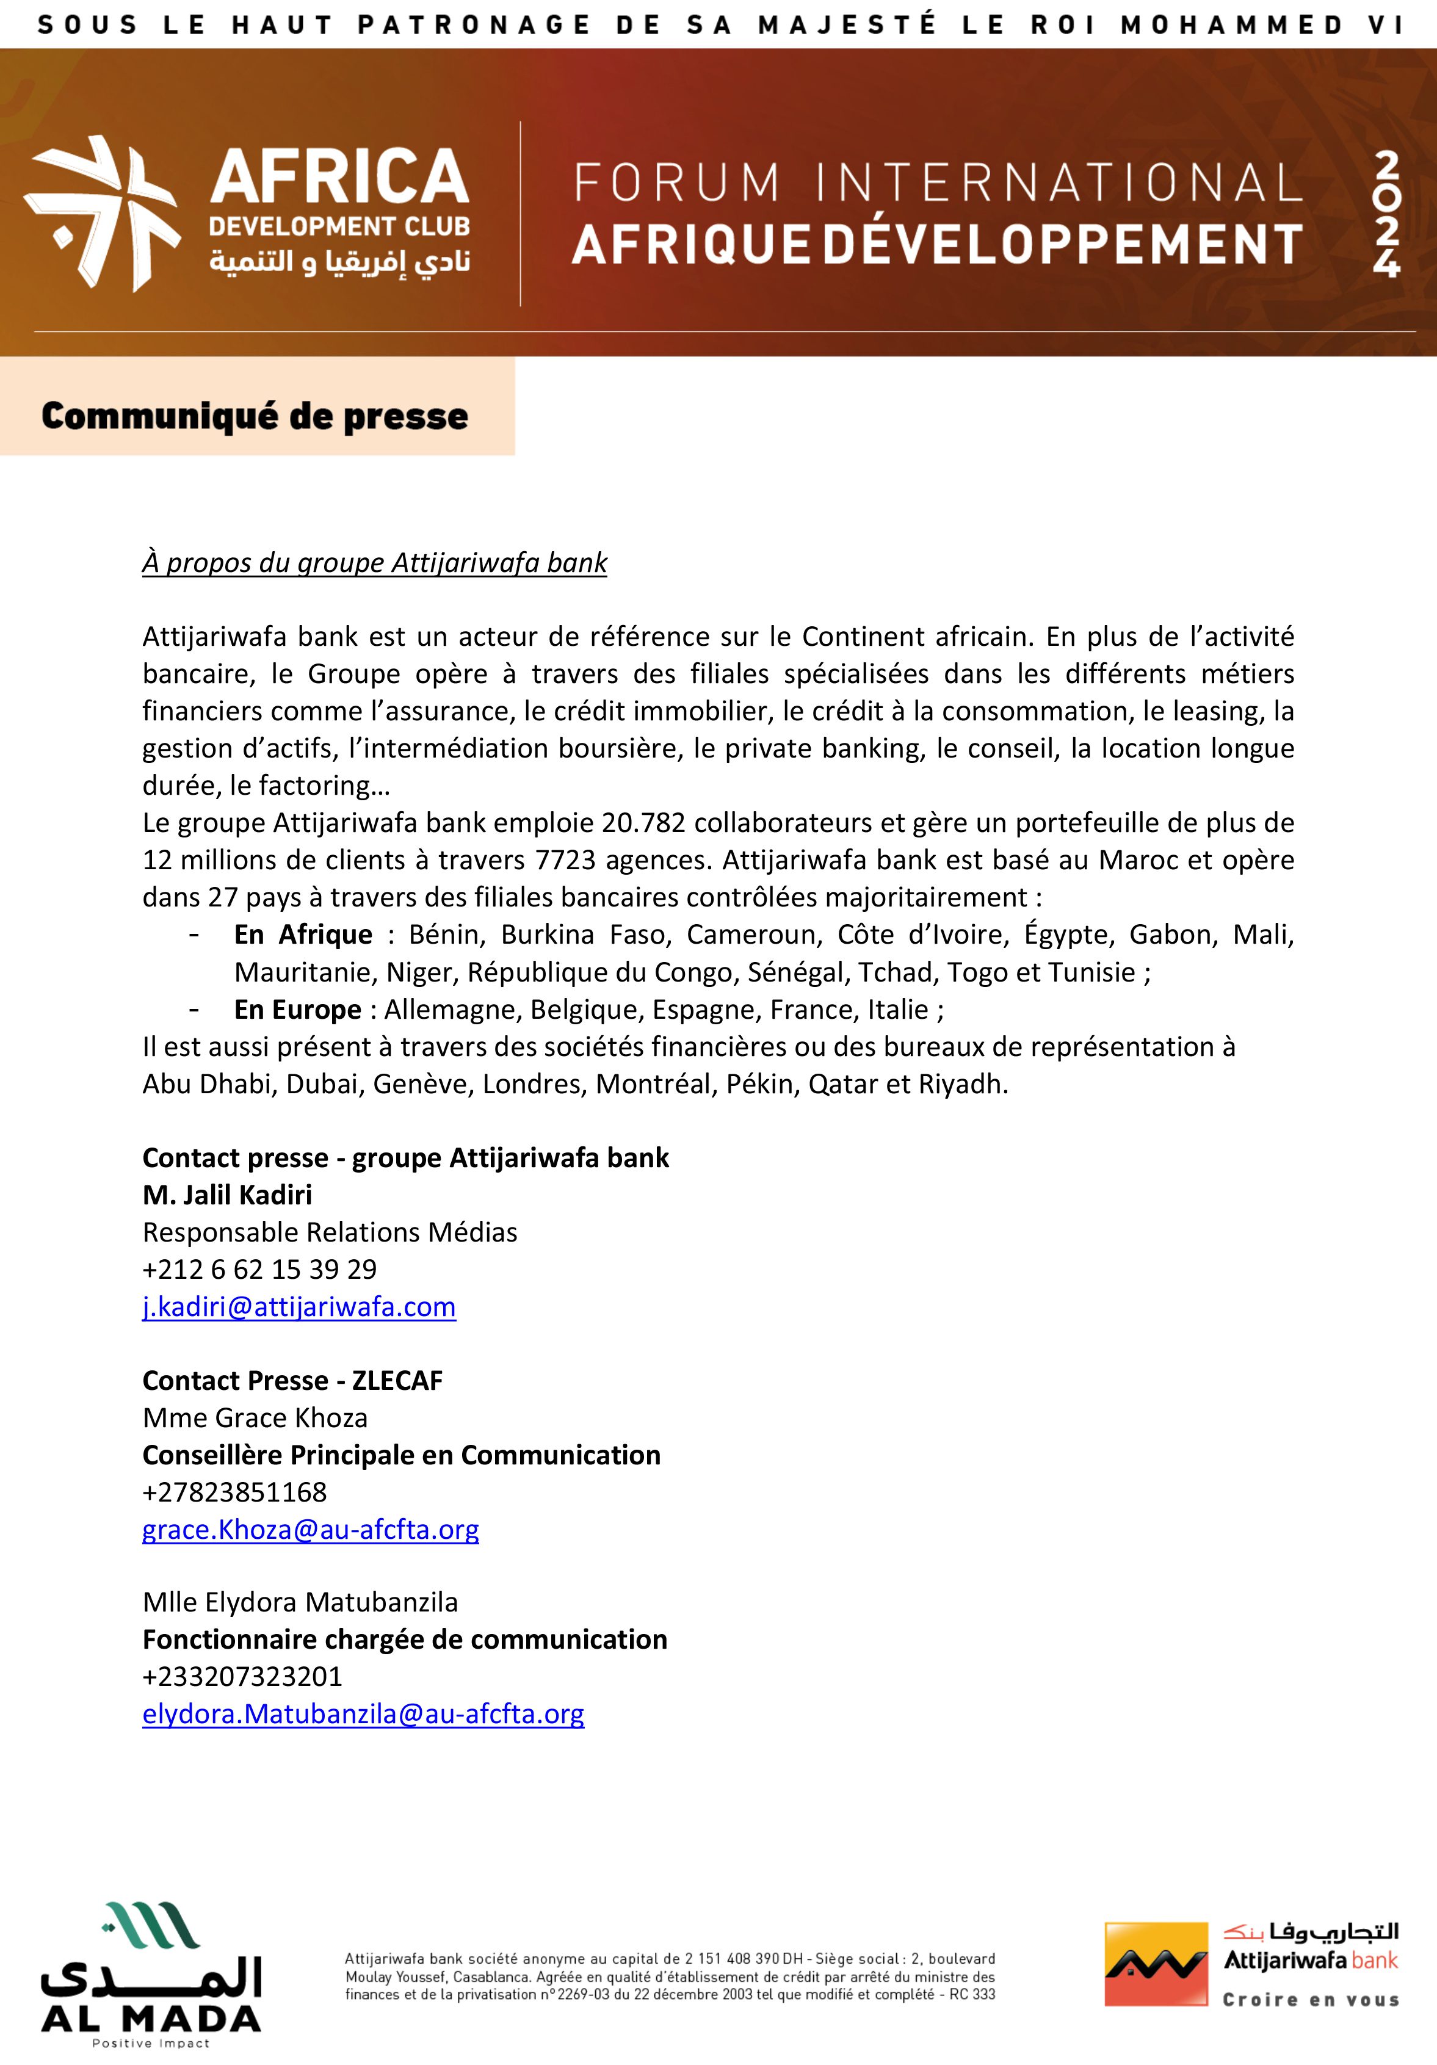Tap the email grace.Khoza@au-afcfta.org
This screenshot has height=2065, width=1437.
[310, 1529]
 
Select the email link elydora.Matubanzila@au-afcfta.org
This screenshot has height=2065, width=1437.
[363, 1713]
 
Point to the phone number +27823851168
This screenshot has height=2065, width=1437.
[234, 1492]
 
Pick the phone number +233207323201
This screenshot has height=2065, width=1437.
[242, 1676]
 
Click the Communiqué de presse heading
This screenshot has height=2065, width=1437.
[255, 416]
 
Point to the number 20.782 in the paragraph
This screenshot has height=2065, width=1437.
[644, 823]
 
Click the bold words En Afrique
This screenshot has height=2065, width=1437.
[303, 935]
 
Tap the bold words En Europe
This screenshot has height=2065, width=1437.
[298, 1009]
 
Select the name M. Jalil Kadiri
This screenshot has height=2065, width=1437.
[228, 1195]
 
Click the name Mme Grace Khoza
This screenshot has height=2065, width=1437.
[255, 1417]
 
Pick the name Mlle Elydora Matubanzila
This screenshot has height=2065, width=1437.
[300, 1602]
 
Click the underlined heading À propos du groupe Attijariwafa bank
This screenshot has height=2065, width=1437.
[374, 563]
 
